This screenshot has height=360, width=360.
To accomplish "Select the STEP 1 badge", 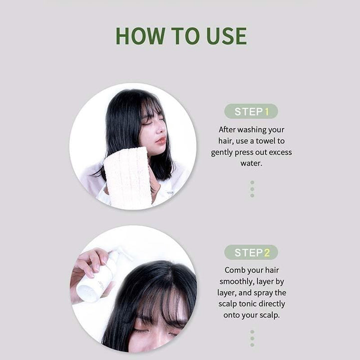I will pyautogui.click(x=251, y=111).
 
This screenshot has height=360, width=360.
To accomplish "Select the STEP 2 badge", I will pyautogui.click(x=251, y=252).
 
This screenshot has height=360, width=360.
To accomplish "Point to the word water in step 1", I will pyautogui.click(x=251, y=163).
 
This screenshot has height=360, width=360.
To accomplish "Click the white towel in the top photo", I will pyautogui.click(x=127, y=177).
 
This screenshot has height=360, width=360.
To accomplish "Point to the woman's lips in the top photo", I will pyautogui.click(x=161, y=140).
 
